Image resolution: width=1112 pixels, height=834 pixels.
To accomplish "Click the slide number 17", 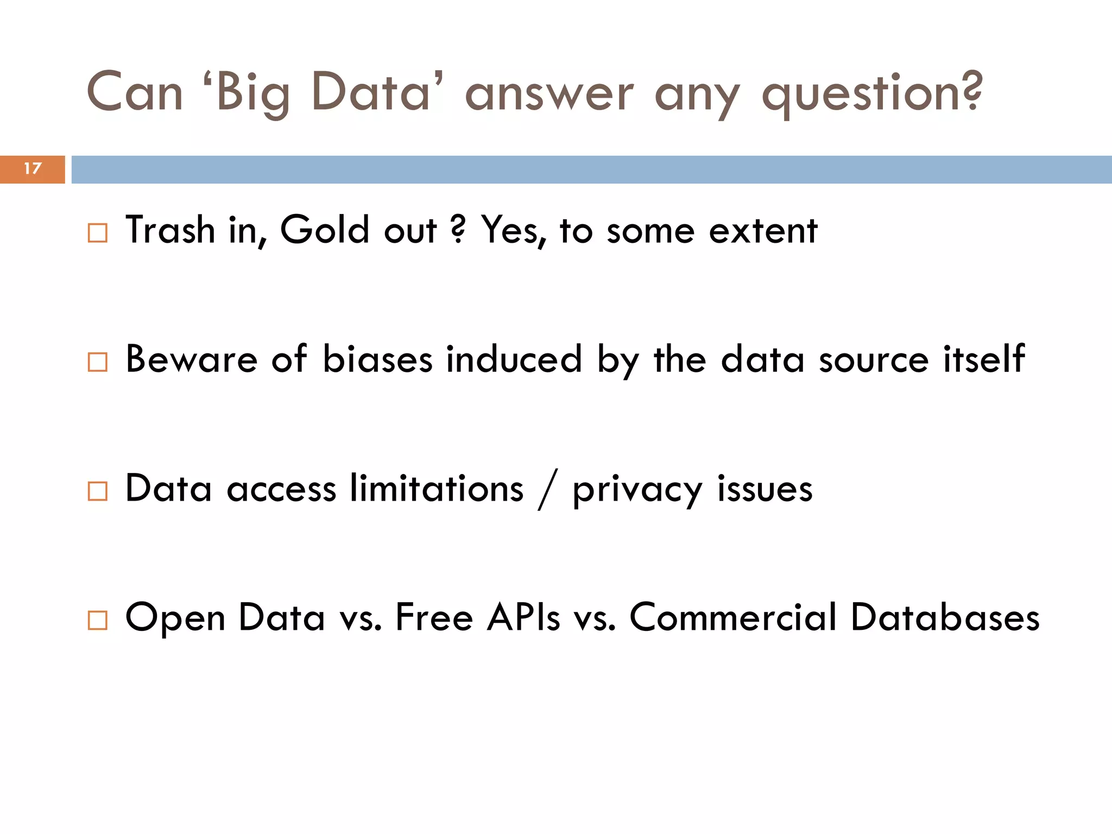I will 33,169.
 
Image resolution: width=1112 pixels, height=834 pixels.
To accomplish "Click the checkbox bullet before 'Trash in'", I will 98,233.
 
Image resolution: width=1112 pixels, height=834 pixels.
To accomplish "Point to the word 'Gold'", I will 325,230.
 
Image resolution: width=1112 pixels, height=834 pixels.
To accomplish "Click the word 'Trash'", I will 170,230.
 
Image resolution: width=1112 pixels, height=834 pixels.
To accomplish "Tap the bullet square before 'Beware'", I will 98,362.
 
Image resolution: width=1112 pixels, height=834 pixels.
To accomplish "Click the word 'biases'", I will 377,359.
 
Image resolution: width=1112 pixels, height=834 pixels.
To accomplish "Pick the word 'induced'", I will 514,359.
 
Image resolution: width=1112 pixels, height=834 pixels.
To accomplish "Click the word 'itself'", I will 984,359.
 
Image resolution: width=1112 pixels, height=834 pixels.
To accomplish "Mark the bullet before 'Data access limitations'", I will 98,491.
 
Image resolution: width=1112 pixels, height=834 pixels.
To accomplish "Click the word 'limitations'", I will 437,488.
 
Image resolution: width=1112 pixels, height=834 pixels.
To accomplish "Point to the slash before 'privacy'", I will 548,490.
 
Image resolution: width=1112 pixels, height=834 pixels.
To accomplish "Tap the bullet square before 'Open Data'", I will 98,620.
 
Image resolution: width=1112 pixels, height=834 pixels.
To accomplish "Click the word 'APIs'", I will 523,617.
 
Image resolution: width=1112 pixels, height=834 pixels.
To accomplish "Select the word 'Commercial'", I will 733,617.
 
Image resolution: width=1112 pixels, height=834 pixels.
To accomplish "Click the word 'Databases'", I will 945,617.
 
